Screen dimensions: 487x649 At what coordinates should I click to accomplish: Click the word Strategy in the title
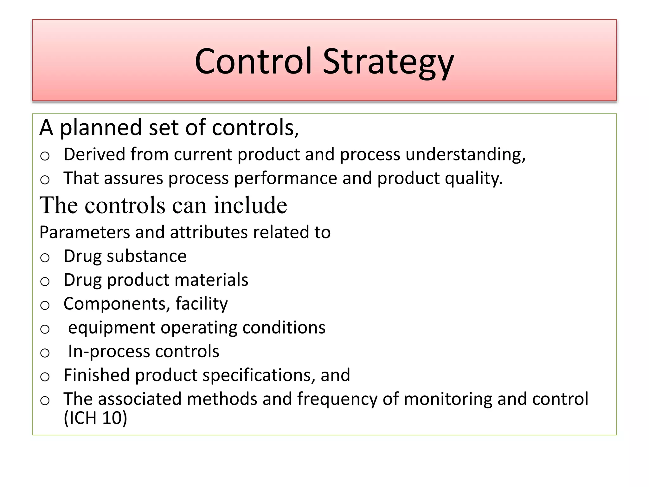(388, 62)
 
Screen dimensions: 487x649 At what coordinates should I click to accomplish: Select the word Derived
(94, 154)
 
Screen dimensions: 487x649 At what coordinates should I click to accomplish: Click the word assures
(133, 178)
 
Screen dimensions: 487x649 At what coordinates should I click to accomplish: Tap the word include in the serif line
(250, 205)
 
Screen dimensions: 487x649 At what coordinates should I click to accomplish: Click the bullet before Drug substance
(45, 257)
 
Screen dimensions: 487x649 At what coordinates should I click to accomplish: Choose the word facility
(202, 304)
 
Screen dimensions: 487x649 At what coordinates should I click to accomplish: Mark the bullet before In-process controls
(45, 353)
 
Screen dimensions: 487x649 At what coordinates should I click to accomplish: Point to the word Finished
(97, 375)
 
